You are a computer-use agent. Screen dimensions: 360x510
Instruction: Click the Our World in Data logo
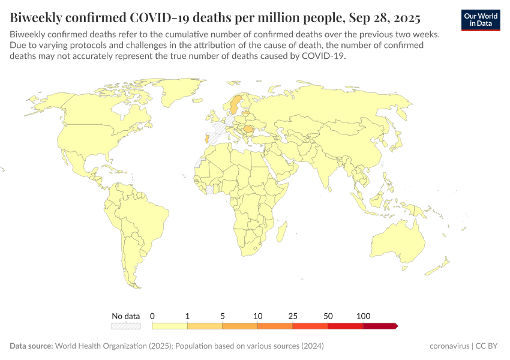point(481,20)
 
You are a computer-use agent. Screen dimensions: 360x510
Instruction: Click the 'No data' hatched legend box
point(125,326)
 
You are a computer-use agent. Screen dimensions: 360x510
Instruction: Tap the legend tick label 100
point(363,316)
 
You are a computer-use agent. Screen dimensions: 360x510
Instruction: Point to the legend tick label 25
point(293,316)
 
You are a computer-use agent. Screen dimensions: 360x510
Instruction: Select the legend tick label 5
point(223,316)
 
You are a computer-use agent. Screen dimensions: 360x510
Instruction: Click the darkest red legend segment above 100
point(380,326)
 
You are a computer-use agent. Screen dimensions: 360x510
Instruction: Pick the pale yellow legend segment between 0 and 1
point(170,326)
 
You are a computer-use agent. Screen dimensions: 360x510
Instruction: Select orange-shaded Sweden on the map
point(235,105)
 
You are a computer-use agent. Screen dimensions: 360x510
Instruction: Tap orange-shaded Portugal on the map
point(208,140)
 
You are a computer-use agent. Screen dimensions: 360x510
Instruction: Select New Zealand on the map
point(445,263)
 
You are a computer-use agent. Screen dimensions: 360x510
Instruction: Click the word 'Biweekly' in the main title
point(35,16)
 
